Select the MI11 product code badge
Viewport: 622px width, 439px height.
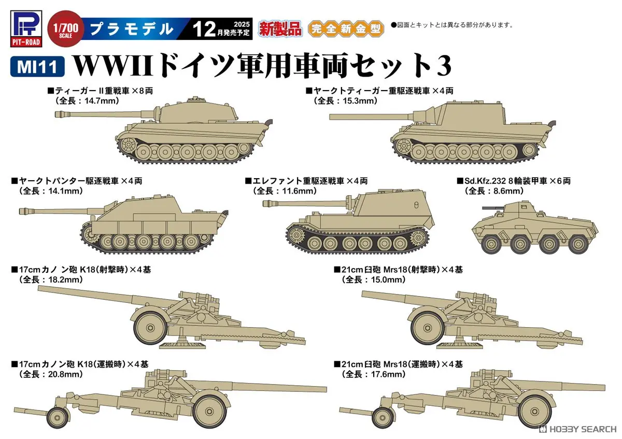click(36, 67)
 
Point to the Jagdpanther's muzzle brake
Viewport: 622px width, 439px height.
click(23, 211)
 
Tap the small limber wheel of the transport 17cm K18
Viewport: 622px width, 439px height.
click(57, 416)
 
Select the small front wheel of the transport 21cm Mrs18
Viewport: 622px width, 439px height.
click(383, 416)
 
